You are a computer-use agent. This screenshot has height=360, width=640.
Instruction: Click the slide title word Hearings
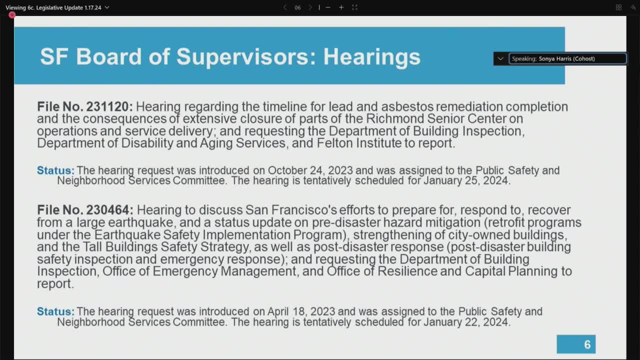(x=371, y=57)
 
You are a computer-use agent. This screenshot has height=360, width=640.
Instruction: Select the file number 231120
(x=109, y=107)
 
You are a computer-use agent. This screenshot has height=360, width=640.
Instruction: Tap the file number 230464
(x=109, y=210)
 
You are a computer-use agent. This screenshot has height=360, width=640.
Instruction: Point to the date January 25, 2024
(x=466, y=181)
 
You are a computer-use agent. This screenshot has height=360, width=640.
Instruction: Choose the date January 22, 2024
(x=466, y=322)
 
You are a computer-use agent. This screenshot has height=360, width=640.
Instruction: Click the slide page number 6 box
(x=576, y=344)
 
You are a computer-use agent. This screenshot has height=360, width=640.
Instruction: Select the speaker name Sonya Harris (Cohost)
(x=566, y=59)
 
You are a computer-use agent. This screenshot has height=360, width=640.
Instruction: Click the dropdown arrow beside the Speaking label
(x=500, y=59)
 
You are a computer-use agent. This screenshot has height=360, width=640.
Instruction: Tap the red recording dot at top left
(x=12, y=15)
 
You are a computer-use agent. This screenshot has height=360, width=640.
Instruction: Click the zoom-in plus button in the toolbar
(x=341, y=7)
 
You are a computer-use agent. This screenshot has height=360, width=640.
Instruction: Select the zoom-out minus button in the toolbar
(x=328, y=7)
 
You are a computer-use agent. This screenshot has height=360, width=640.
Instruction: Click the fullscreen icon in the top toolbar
(x=354, y=7)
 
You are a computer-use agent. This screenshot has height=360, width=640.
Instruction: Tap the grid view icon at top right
(x=618, y=7)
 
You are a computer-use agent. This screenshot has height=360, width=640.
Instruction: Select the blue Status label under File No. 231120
(x=55, y=170)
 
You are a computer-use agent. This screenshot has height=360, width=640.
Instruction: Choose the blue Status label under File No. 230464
(x=55, y=312)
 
